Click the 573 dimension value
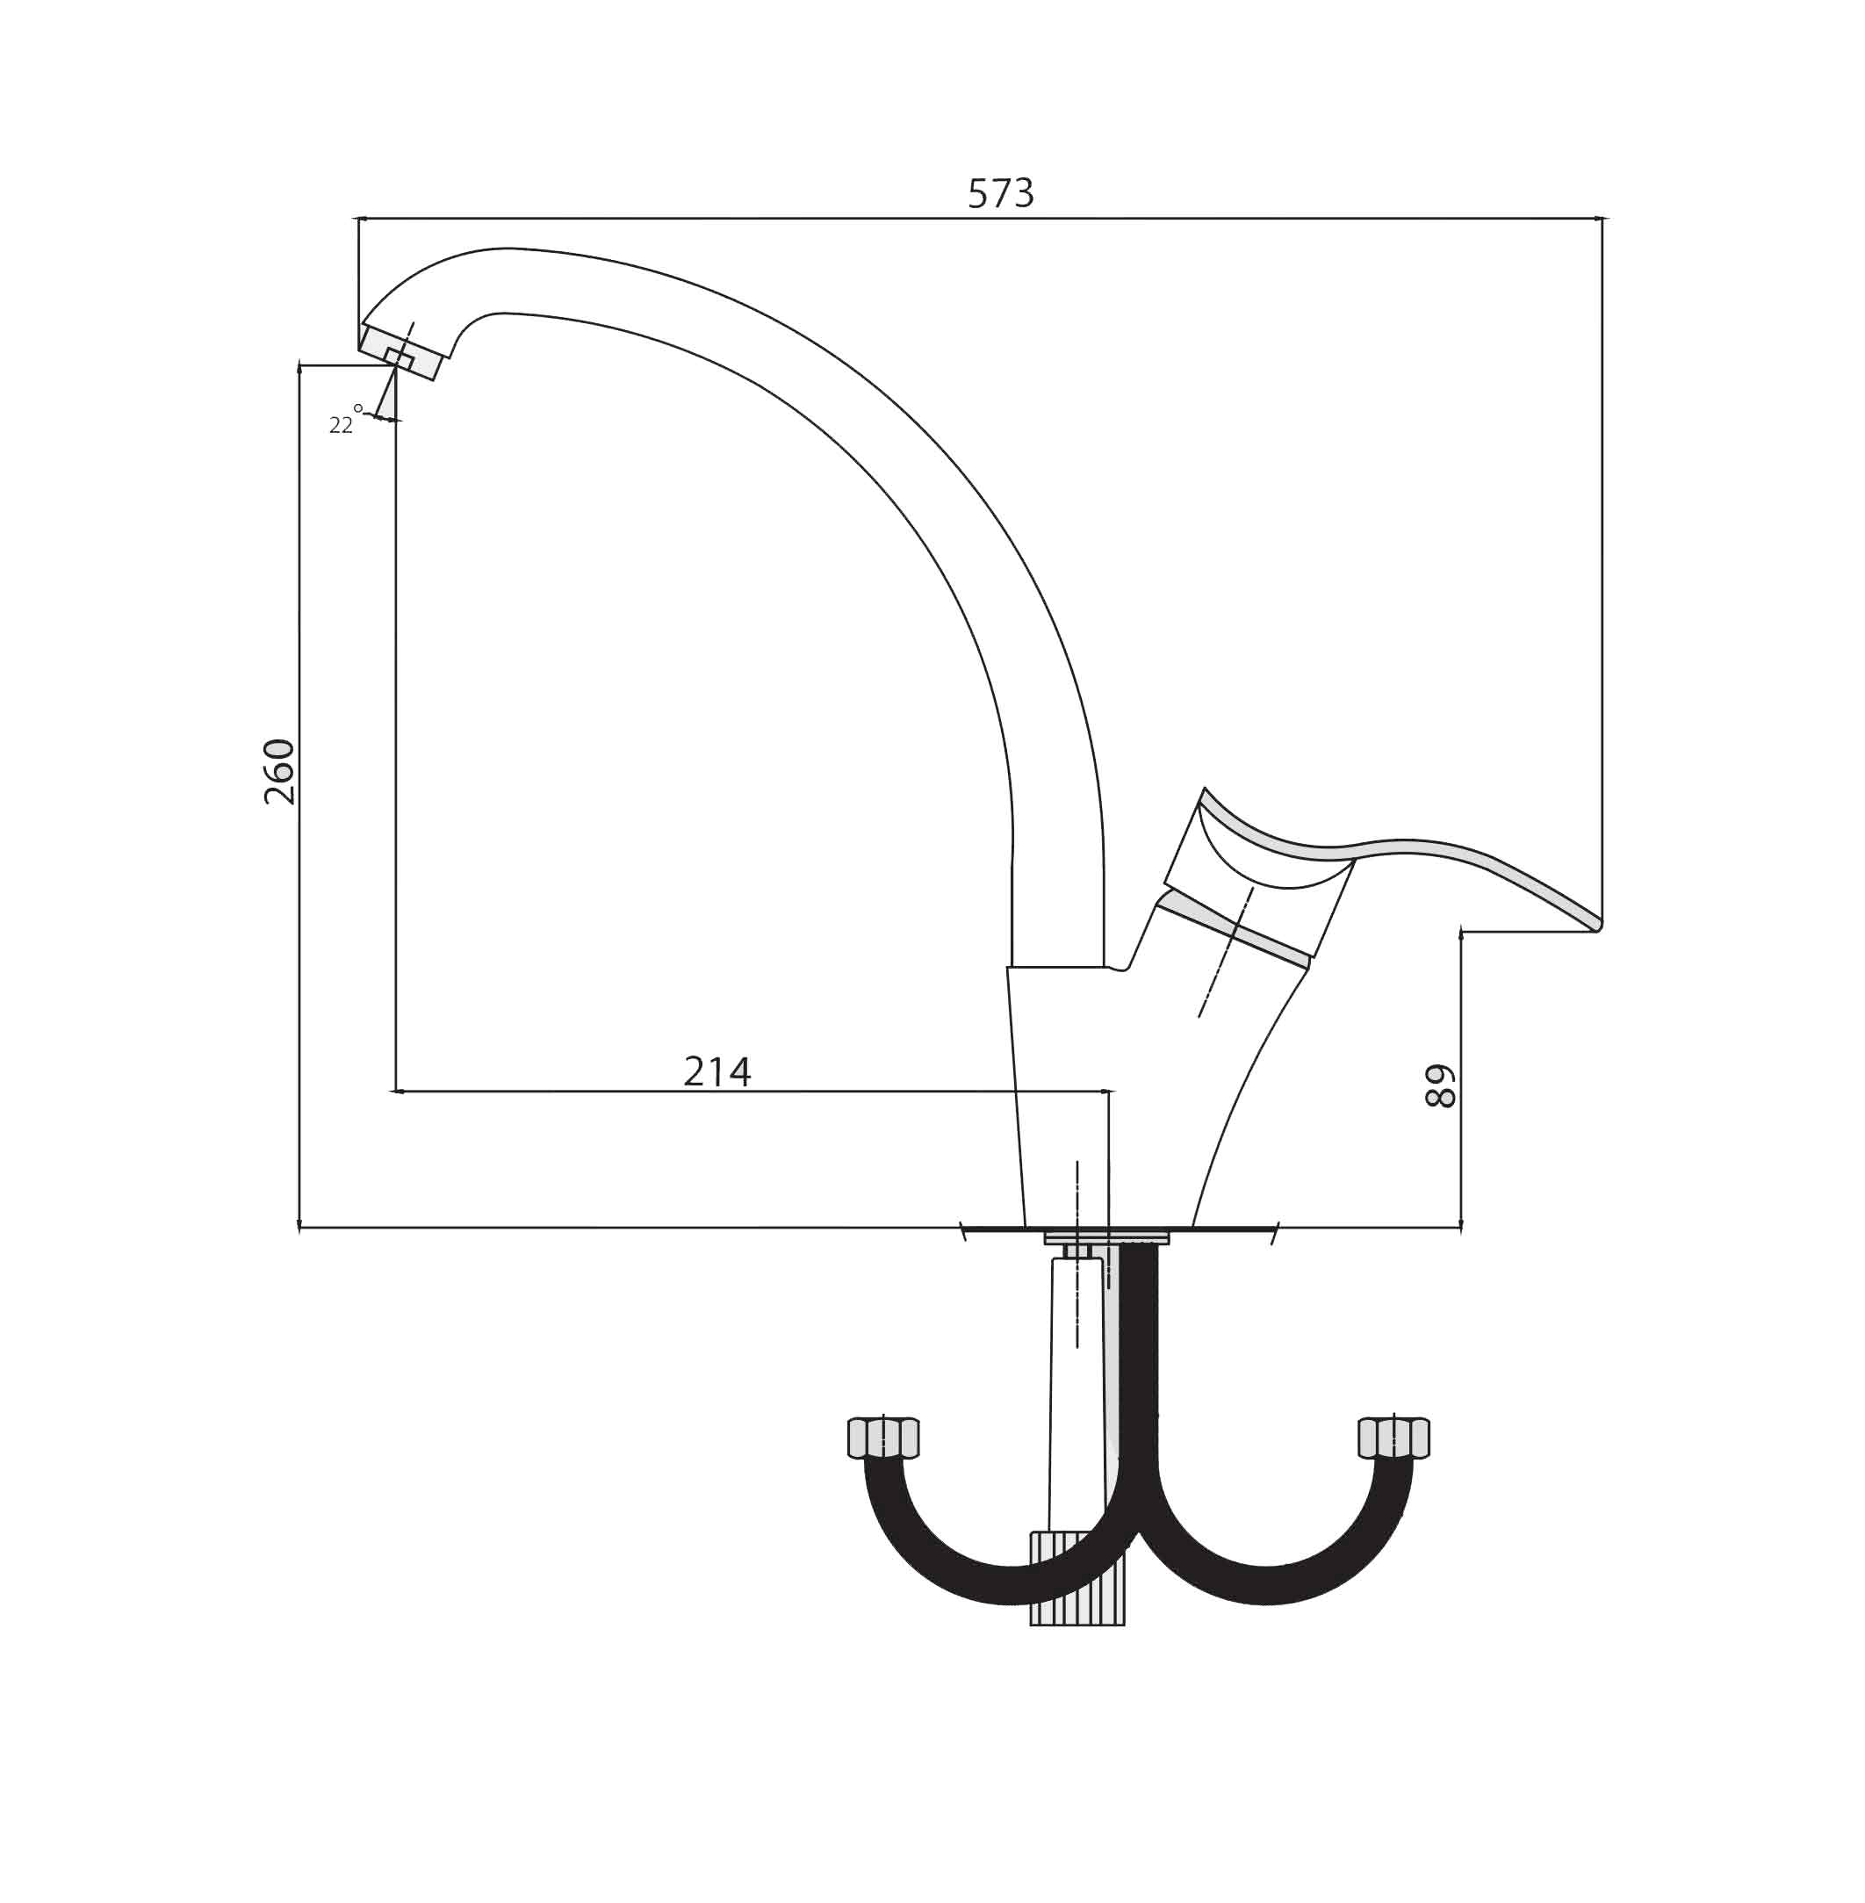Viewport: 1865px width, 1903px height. coord(1000,194)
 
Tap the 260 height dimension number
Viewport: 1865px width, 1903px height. coord(279,772)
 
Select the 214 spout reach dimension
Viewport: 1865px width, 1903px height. coord(717,1071)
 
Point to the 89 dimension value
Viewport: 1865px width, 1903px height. coord(1440,1085)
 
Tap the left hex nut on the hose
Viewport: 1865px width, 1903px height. coord(882,1438)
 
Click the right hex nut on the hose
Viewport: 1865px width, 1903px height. coord(1393,1438)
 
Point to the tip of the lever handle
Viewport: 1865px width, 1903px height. coord(1596,924)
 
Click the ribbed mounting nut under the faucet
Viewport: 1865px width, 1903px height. coord(1077,1578)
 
